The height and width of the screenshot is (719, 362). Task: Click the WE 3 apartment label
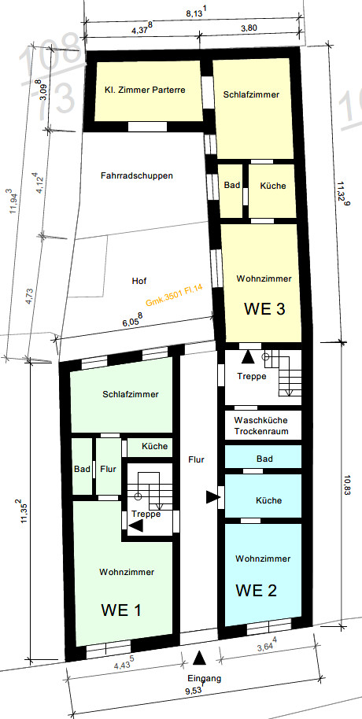pos(264,308)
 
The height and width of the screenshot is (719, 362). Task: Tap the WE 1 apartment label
pos(120,610)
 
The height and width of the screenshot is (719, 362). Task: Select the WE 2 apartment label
pos(256,590)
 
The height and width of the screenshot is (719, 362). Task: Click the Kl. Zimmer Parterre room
pos(149,90)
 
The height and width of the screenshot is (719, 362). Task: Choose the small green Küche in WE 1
pos(150,447)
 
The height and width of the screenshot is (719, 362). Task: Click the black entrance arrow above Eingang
pos(199,658)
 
